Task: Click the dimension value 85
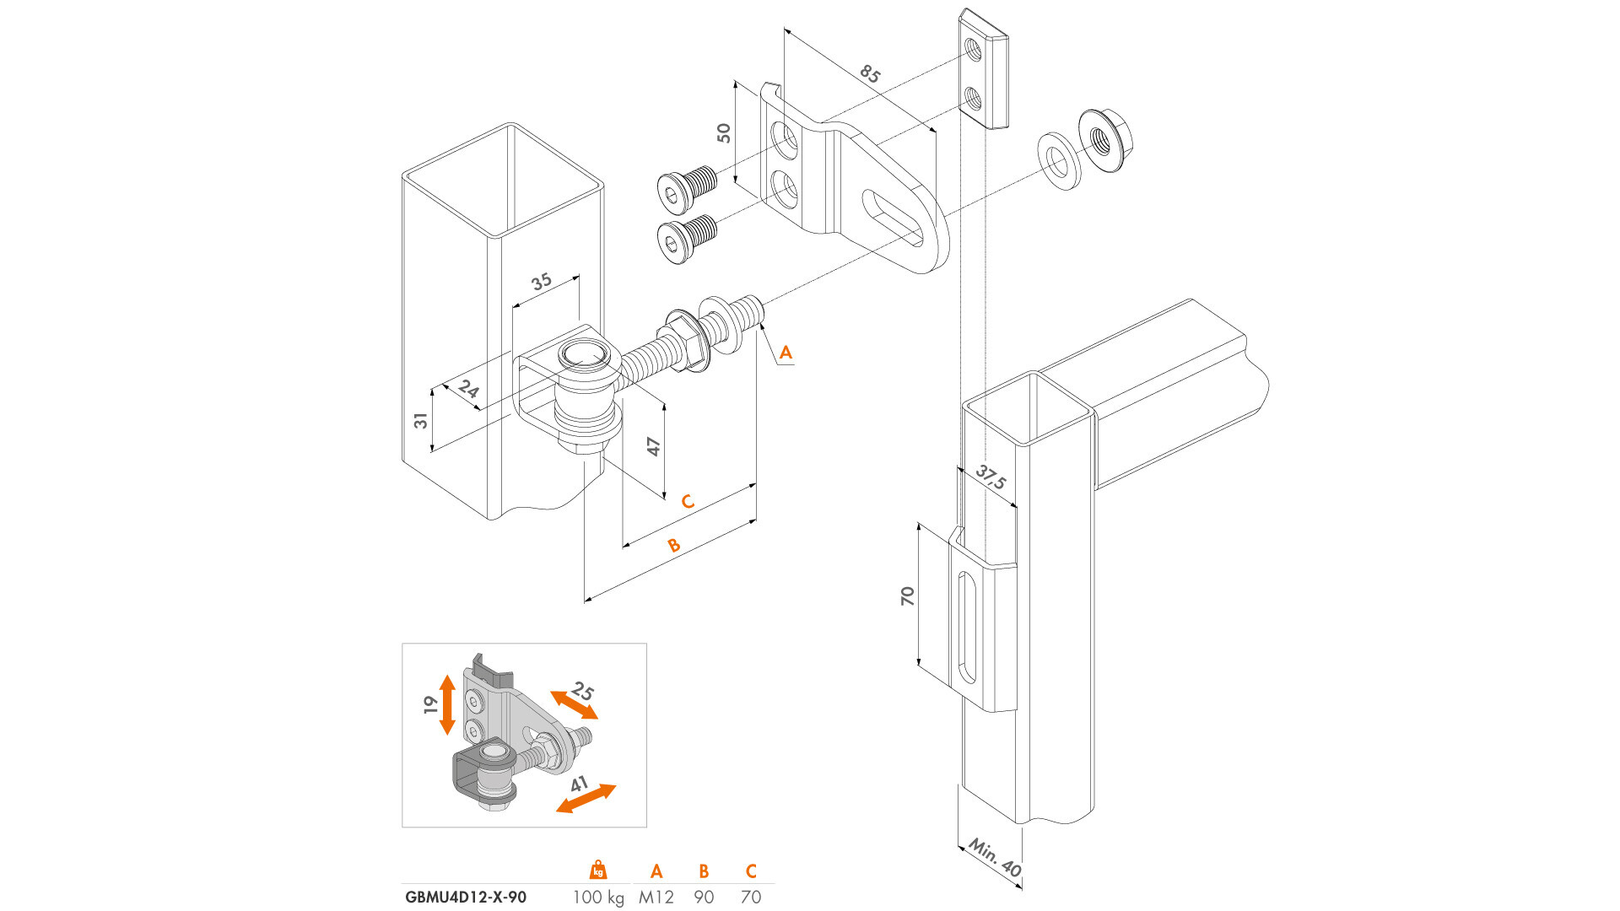[x=870, y=74]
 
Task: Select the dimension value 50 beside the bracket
[x=724, y=132]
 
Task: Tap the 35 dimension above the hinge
[x=542, y=281]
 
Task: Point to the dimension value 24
[x=468, y=389]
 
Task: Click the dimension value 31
[x=420, y=419]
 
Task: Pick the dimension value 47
[x=653, y=445]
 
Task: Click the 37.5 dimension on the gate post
[x=991, y=477]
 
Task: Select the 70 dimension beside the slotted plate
[x=907, y=596]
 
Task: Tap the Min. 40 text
[x=995, y=857]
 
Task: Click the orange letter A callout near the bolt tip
[x=786, y=353]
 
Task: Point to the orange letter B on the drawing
[x=673, y=545]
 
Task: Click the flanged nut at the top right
[x=1104, y=140]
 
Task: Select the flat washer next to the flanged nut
[x=1059, y=160]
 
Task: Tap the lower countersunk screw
[x=686, y=236]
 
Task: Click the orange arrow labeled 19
[x=447, y=704]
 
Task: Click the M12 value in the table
[x=656, y=897]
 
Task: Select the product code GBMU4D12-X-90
[x=466, y=897]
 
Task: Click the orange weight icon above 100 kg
[x=598, y=870]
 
